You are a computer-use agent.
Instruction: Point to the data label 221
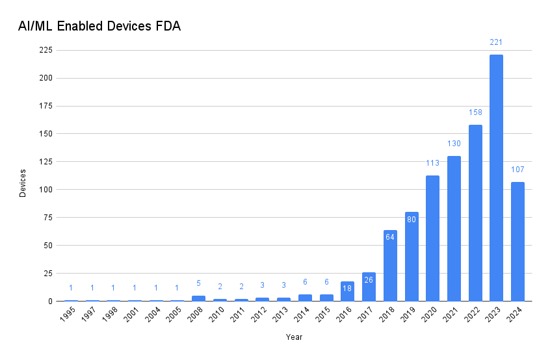[x=496, y=42]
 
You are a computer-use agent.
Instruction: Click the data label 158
[x=475, y=112]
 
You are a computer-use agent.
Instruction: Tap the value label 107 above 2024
[x=517, y=170]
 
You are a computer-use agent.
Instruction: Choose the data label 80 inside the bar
[x=411, y=219]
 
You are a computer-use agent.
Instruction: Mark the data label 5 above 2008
[x=198, y=283]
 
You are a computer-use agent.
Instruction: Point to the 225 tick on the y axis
[x=46, y=50]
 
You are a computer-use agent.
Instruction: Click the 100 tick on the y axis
[x=46, y=190]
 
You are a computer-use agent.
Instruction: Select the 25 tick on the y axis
[x=47, y=274]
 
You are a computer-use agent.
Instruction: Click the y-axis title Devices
[x=23, y=183]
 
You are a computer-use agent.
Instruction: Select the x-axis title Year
[x=294, y=337]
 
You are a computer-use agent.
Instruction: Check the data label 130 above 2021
[x=454, y=143]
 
